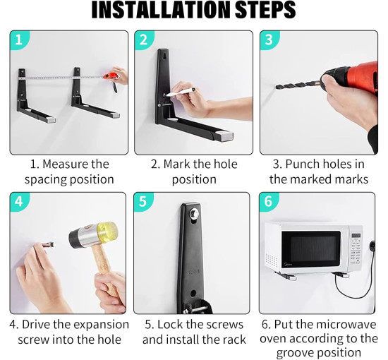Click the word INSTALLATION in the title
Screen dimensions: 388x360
(162, 10)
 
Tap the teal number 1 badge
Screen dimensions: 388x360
(19, 40)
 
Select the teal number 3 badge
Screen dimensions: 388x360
(269, 40)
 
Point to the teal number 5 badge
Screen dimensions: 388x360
(143, 201)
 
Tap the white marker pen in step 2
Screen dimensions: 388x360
(181, 92)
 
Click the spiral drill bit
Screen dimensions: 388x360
(298, 85)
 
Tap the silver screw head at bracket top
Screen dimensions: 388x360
(193, 212)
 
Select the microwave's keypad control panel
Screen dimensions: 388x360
(356, 249)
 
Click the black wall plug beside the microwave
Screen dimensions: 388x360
(372, 246)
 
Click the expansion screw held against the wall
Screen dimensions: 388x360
(48, 245)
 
